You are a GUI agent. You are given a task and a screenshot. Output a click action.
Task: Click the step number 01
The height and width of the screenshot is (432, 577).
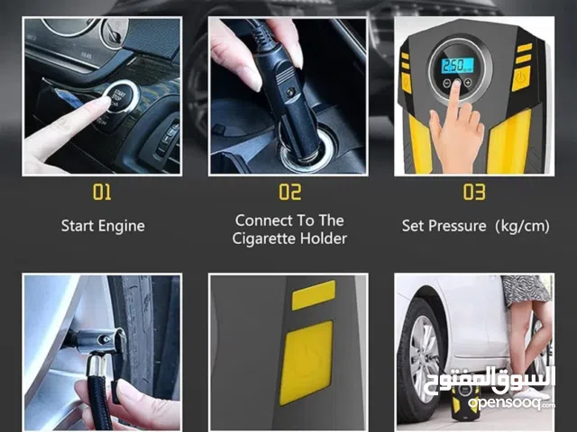click(x=102, y=192)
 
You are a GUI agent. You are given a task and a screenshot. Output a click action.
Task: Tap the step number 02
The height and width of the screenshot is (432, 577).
click(x=290, y=192)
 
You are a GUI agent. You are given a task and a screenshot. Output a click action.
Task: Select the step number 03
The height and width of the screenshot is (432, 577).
click(x=474, y=192)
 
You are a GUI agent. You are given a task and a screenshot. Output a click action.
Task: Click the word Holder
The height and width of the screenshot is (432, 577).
click(x=324, y=238)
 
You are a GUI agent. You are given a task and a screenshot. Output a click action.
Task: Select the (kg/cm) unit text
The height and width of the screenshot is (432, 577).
click(x=522, y=226)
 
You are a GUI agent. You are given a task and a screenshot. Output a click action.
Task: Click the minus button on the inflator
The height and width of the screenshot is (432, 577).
click(x=446, y=83)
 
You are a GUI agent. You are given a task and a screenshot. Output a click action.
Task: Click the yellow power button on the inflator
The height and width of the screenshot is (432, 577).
click(x=521, y=78)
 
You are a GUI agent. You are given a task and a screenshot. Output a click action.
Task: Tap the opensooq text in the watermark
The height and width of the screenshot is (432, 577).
click(x=505, y=403)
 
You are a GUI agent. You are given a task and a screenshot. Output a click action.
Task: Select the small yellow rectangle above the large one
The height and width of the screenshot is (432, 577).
click(x=314, y=295)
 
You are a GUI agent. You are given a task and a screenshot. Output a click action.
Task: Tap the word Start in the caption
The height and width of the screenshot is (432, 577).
click(x=76, y=226)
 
